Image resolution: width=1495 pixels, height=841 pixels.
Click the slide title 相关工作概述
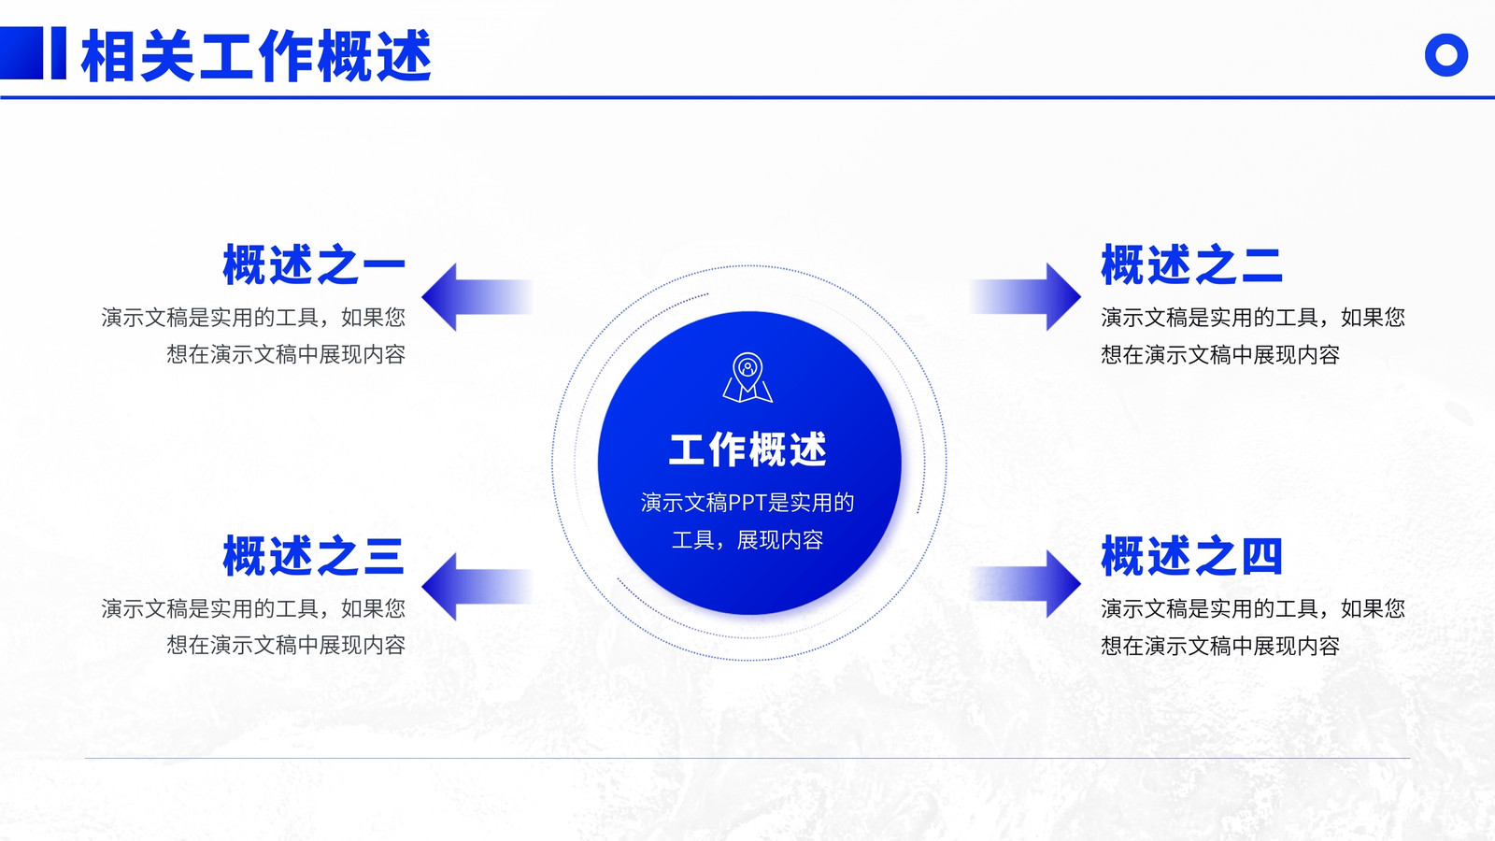click(x=256, y=56)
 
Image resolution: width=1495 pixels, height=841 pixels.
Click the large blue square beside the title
click(x=21, y=53)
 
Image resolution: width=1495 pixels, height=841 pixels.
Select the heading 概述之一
click(x=314, y=265)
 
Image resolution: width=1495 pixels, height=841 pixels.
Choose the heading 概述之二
click(x=1191, y=265)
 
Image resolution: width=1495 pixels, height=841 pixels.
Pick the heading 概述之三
click(x=314, y=555)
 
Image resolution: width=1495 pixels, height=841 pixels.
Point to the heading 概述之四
click(x=1191, y=555)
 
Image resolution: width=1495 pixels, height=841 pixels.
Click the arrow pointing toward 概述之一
click(x=477, y=297)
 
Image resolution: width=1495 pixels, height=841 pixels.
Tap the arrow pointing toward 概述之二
click(x=1025, y=297)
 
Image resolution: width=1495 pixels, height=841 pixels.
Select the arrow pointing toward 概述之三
click(x=477, y=587)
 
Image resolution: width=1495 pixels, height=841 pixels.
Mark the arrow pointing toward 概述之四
click(x=1025, y=584)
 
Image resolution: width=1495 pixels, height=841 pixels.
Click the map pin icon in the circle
click(x=747, y=378)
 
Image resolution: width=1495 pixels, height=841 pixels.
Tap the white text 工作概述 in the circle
click(x=747, y=449)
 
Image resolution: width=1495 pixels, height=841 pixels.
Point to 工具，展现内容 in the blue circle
click(x=747, y=539)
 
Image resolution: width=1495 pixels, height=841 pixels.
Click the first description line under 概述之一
click(x=253, y=317)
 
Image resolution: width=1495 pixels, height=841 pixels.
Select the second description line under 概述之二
click(x=1220, y=354)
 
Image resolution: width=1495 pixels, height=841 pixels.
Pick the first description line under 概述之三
click(x=253, y=608)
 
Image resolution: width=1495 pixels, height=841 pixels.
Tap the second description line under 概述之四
click(x=1220, y=646)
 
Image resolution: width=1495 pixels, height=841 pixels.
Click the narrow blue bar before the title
click(x=59, y=53)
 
